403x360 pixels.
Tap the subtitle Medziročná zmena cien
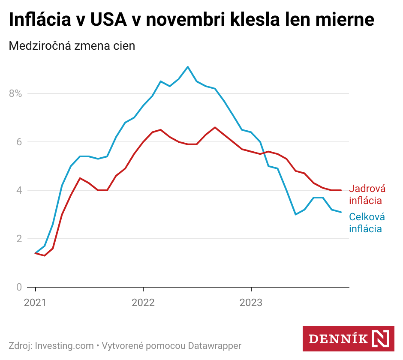[72, 45]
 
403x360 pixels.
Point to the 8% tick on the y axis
[15, 93]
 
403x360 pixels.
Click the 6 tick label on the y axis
[18, 142]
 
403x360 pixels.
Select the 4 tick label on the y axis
[18, 190]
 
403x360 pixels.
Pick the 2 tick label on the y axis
[18, 239]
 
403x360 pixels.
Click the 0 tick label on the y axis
[18, 287]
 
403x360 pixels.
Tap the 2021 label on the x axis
[35, 303]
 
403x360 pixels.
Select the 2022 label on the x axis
[143, 303]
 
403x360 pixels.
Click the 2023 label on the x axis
[251, 303]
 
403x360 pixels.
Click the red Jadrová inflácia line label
[367, 195]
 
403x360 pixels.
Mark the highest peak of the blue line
[188, 67]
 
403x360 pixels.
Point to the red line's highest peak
[215, 127]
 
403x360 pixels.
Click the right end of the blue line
[341, 212]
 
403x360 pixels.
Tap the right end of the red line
[341, 190]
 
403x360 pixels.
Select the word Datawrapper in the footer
[215, 346]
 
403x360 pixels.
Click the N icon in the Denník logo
[381, 339]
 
